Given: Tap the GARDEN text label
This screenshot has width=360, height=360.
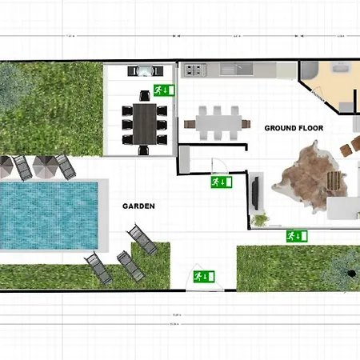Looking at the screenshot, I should pos(138,206).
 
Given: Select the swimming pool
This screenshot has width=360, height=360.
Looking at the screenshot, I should pos(50,214).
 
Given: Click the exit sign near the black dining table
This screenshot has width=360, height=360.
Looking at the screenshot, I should pos(161,90).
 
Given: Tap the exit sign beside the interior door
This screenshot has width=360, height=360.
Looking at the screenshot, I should pos(220,182).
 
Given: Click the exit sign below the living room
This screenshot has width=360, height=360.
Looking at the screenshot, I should pos(297,235).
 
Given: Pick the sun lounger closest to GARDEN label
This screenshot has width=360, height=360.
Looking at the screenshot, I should pos(142,238).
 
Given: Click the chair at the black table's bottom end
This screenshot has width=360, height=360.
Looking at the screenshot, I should pos(145,149).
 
